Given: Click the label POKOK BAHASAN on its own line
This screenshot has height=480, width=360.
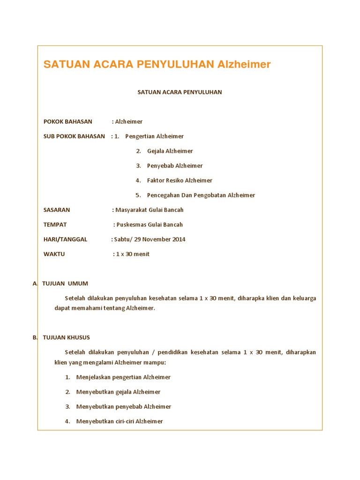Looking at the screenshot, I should (x=68, y=122).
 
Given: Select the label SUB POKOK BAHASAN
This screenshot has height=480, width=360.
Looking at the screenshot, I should (x=74, y=136).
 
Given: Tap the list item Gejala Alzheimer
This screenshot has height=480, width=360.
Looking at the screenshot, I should (x=170, y=151).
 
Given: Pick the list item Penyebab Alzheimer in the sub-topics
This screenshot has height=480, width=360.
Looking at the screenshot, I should (x=175, y=166).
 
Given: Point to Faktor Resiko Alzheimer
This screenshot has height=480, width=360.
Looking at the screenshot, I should (x=180, y=180).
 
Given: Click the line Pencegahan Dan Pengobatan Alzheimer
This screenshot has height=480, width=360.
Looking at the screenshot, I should (x=201, y=195).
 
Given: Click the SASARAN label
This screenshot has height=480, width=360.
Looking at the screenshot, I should (x=57, y=210).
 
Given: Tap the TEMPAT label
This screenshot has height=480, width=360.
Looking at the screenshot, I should (x=55, y=225).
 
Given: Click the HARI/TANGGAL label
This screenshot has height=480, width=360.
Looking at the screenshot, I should (x=65, y=240).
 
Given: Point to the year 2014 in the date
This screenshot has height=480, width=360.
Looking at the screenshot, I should (x=178, y=240).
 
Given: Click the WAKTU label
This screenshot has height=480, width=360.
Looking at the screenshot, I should (x=54, y=254).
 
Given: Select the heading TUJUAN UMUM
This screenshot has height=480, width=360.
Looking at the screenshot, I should (x=65, y=284).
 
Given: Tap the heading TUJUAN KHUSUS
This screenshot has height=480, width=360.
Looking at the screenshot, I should (x=66, y=337).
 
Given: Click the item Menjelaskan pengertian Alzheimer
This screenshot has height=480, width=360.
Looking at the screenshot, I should (x=123, y=377).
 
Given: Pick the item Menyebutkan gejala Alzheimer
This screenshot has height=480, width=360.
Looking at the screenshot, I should (x=118, y=392).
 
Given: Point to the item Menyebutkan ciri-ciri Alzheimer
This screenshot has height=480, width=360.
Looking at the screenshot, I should (x=120, y=421).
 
